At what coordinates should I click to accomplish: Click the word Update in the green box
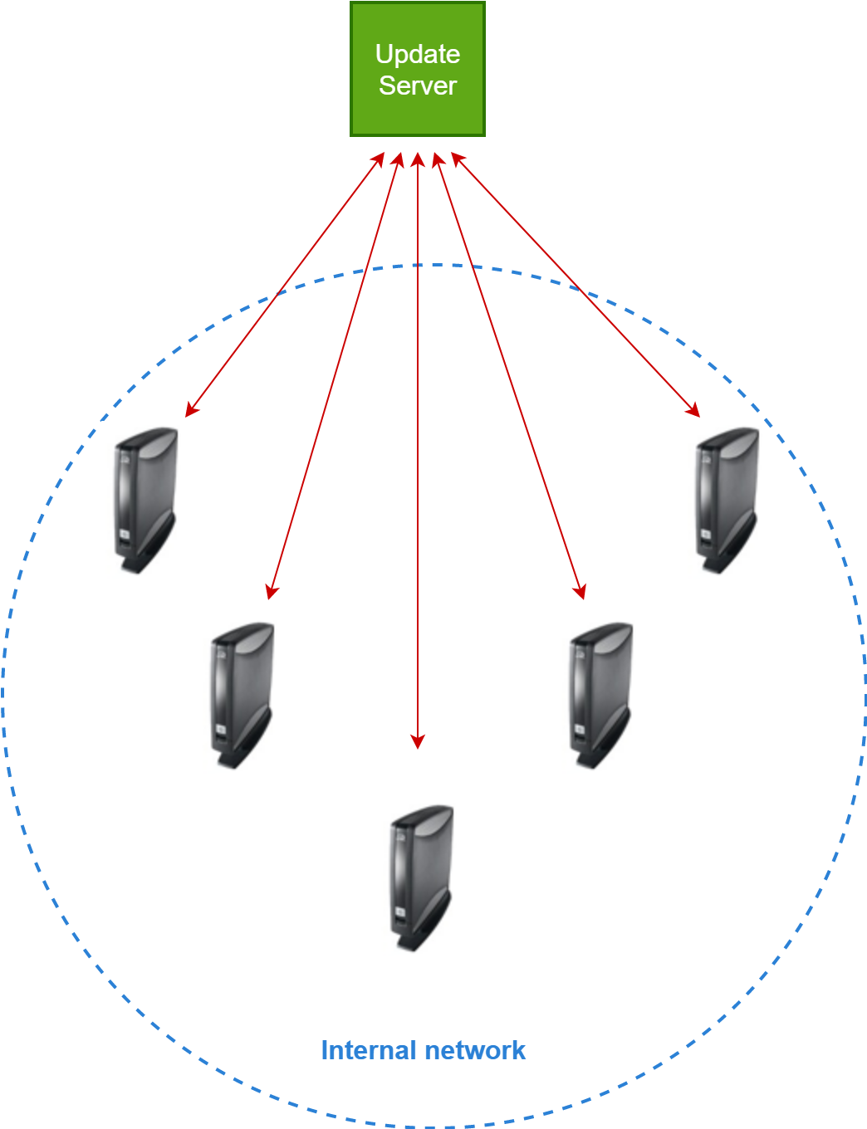417,54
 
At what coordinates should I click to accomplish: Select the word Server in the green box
417,86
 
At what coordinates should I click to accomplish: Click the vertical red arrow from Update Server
418,498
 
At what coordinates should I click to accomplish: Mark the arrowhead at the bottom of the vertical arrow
418,742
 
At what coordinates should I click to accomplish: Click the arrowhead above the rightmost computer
694,410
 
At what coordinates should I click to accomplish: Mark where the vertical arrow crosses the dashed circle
418,265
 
